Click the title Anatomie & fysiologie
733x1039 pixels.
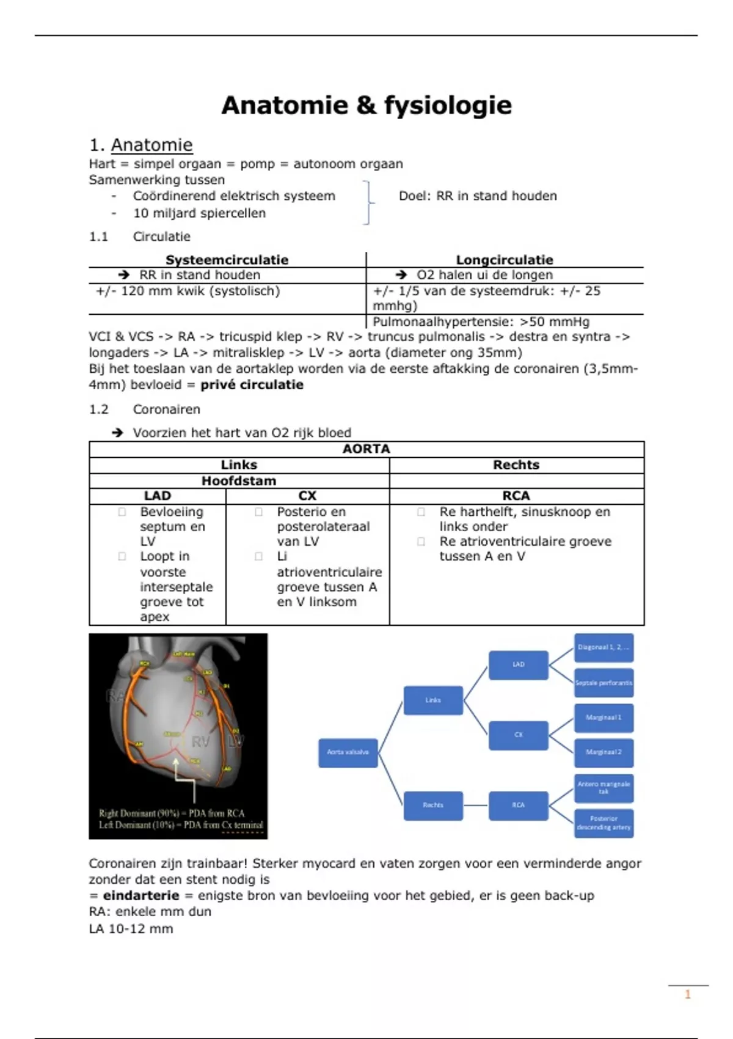click(366, 105)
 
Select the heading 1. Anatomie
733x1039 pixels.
click(141, 145)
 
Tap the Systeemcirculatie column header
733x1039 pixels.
click(227, 260)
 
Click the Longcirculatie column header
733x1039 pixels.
click(505, 260)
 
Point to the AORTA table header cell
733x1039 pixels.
click(366, 449)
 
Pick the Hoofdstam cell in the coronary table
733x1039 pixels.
click(239, 481)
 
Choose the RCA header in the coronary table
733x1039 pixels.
click(516, 496)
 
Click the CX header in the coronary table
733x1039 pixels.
click(307, 496)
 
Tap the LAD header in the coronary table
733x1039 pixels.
click(157, 496)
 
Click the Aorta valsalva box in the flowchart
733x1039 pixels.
click(348, 752)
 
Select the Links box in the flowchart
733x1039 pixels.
click(433, 700)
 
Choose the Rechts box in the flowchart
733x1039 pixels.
click(433, 806)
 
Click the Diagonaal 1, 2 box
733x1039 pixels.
click(604, 648)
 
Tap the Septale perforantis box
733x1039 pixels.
click(604, 683)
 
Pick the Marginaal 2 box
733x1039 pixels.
click(604, 752)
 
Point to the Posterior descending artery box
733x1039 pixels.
click(604, 823)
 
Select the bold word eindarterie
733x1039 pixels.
click(141, 896)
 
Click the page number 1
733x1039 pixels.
click(688, 994)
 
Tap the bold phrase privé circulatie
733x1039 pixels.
click(252, 385)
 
